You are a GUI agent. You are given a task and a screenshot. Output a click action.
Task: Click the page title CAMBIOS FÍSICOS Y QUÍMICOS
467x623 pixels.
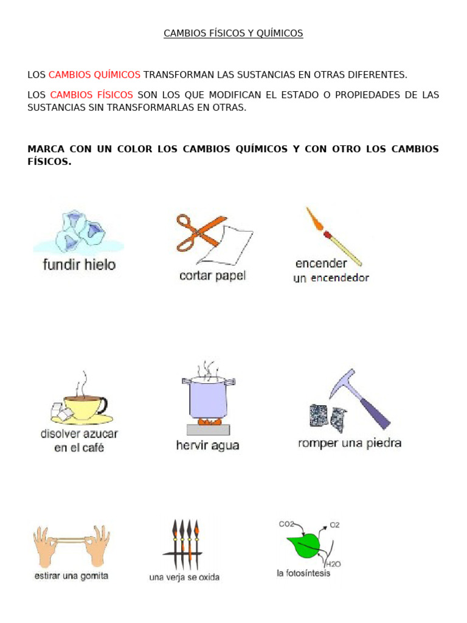coord(233,33)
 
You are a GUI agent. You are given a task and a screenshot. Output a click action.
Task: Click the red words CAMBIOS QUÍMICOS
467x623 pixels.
coord(94,74)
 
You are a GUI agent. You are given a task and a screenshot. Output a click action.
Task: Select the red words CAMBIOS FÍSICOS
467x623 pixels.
coord(91,95)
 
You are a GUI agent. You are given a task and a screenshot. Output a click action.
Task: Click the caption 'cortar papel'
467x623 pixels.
coord(213,276)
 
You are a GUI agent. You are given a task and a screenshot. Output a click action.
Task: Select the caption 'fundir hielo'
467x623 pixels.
coord(79,265)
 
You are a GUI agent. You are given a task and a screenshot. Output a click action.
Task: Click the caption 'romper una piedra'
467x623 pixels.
coord(350,443)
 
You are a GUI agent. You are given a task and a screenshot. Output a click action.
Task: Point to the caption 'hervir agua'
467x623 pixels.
coord(207,445)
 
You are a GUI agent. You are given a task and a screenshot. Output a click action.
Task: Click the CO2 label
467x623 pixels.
coord(287,524)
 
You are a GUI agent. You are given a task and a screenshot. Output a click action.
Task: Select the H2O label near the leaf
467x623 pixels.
coord(334,564)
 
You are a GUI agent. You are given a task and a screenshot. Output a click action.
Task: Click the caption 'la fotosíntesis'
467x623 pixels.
coord(303,574)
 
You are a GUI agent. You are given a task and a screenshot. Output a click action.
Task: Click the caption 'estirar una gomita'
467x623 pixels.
coord(71,576)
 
